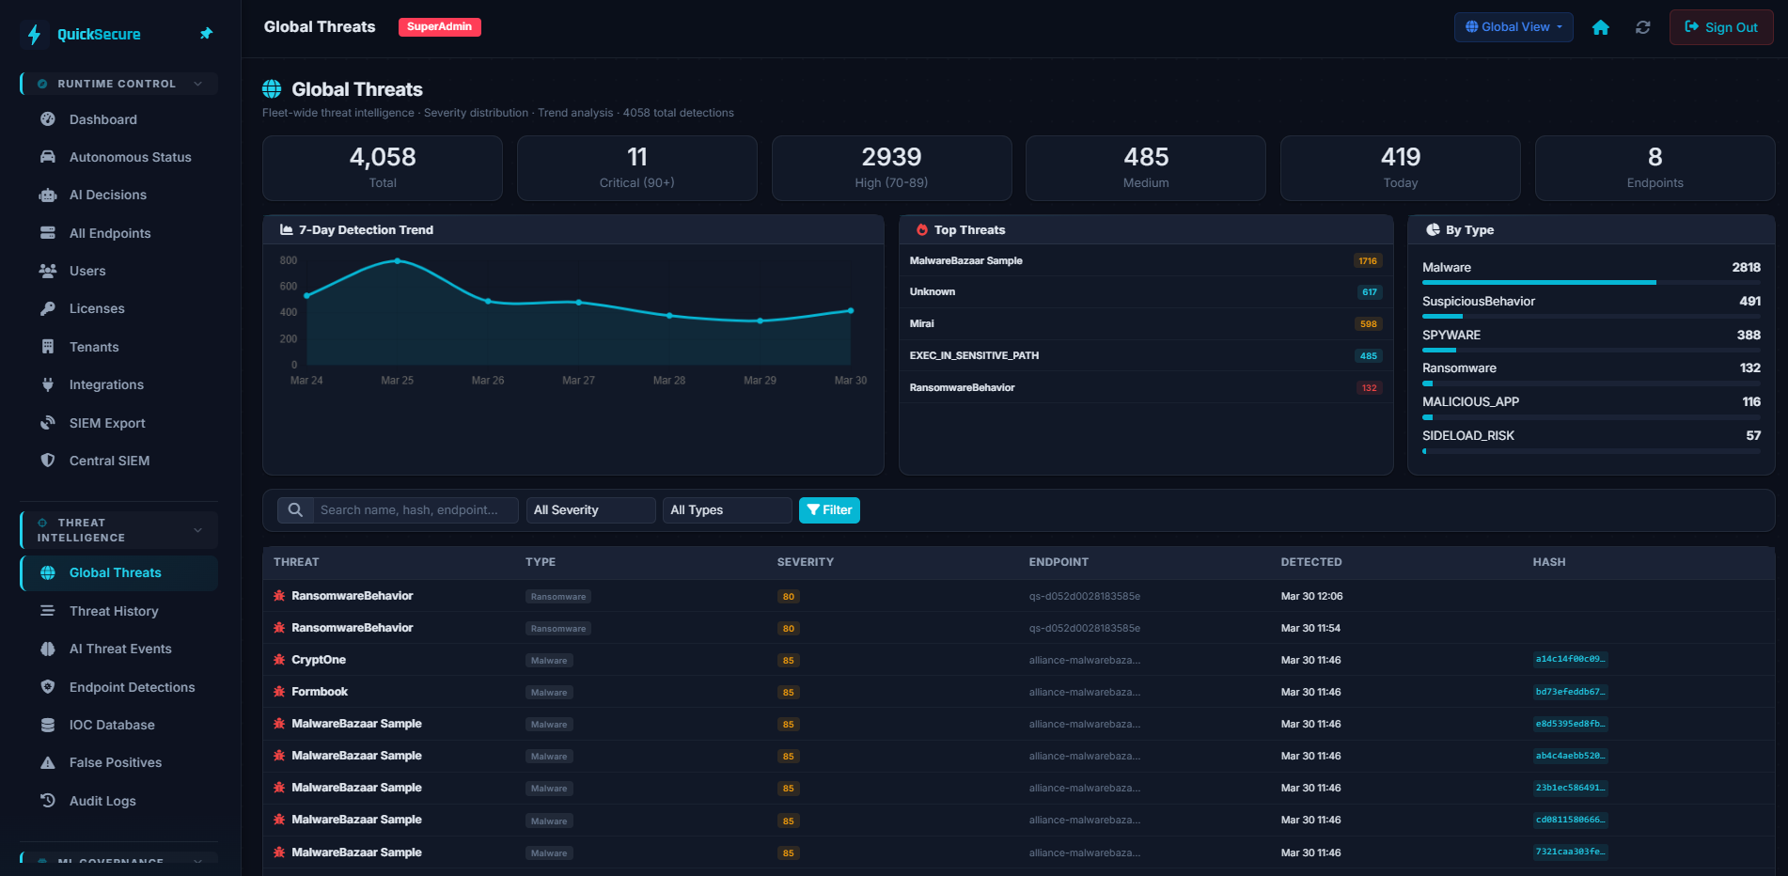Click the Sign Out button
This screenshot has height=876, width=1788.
[1720, 27]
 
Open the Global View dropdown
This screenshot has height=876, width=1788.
[1513, 27]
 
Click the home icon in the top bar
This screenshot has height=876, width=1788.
[1600, 27]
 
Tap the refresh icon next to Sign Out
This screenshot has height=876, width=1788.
[1642, 27]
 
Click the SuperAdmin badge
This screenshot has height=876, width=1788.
[439, 27]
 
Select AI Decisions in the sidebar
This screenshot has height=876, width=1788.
[107, 195]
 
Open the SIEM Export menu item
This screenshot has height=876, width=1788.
[107, 423]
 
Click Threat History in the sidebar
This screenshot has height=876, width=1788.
[114, 611]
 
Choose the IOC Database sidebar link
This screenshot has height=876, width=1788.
[112, 725]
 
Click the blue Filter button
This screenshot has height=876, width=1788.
[828, 509]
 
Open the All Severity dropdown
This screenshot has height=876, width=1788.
[589, 509]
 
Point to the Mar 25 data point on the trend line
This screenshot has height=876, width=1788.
[398, 260]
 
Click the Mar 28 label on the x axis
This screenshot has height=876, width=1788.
[668, 381]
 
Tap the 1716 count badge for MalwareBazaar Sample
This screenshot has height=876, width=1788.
[1367, 261]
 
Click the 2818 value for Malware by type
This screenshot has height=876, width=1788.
[1746, 268]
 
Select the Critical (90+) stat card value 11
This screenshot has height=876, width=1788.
[636, 157]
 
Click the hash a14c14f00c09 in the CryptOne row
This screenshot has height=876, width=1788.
[1569, 660]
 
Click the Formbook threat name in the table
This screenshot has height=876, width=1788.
[320, 692]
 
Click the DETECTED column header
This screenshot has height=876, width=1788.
[1310, 562]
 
